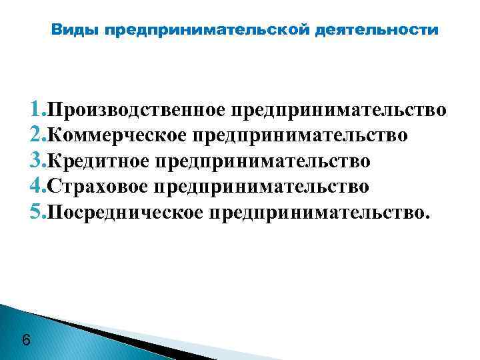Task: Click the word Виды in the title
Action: pyautogui.click(x=75, y=30)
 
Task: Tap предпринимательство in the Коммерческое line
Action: pyautogui.click(x=299, y=135)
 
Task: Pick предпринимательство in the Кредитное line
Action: pyautogui.click(x=262, y=161)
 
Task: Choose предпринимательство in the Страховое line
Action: pyautogui.click(x=261, y=187)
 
